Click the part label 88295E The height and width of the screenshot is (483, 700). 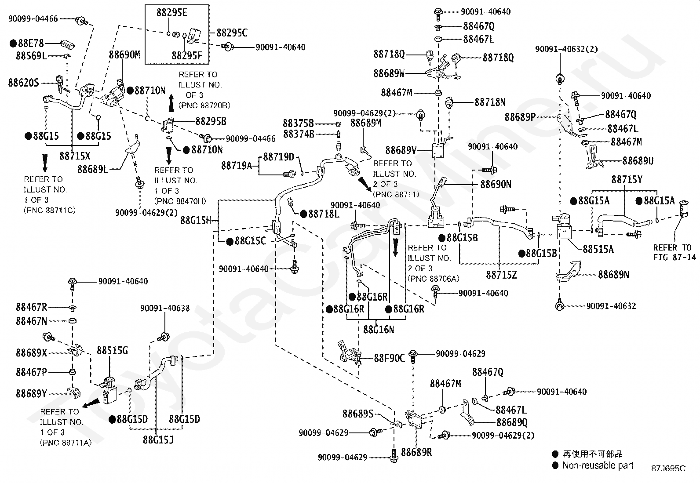click(x=172, y=13)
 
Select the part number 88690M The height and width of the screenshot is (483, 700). click(x=124, y=54)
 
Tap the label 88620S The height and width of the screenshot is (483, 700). click(x=24, y=83)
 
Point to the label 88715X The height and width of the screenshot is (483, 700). click(x=75, y=156)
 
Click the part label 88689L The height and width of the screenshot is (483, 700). click(x=93, y=169)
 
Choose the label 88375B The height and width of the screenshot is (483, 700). click(x=299, y=123)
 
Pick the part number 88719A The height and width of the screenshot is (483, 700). click(x=237, y=166)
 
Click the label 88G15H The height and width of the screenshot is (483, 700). click(x=196, y=221)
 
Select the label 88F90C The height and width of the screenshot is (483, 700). click(x=390, y=358)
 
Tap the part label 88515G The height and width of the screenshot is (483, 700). click(x=112, y=351)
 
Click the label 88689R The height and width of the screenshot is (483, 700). click(x=416, y=452)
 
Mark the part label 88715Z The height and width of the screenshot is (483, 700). click(x=502, y=275)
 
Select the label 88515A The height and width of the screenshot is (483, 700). click(x=598, y=249)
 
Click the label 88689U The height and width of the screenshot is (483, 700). click(x=638, y=161)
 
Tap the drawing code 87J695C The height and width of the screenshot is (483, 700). click(x=668, y=468)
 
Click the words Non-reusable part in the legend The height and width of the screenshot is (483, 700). click(x=598, y=465)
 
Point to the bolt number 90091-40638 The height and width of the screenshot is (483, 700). click(x=165, y=309)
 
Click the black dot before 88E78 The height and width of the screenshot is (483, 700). click(x=13, y=44)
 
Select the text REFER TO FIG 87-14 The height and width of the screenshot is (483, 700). click(x=674, y=252)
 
